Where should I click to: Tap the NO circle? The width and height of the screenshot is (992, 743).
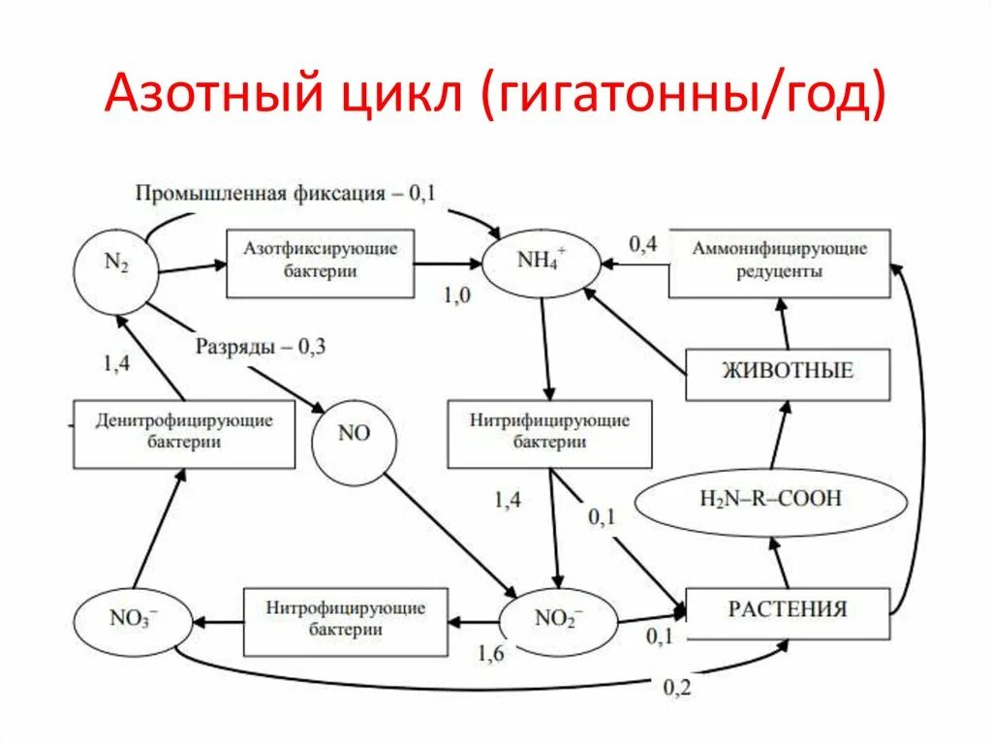coord(355,434)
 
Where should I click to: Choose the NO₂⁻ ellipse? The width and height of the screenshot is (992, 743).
coord(559,617)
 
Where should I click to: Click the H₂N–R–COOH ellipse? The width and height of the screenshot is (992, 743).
coord(770,499)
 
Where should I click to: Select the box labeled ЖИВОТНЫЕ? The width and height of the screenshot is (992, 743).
coord(787,373)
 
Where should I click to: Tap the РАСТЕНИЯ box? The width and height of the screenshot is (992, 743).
coord(787,612)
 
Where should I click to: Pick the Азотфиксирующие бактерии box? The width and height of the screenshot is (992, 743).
coord(320,262)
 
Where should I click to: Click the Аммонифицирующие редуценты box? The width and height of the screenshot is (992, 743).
coord(779,263)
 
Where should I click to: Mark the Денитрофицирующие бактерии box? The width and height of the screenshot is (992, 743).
coord(184,432)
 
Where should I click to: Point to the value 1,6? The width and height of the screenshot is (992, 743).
coord(490,654)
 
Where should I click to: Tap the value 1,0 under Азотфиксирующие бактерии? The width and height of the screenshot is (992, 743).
coord(456,296)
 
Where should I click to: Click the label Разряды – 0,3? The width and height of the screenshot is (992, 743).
coord(260,346)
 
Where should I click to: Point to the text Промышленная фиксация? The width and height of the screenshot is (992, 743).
coord(260,193)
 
